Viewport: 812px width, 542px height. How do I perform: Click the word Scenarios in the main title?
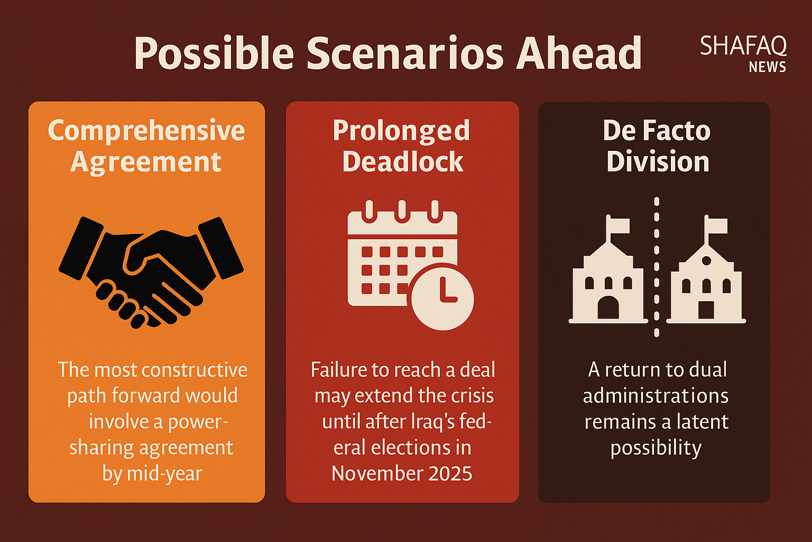pyautogui.click(x=405, y=52)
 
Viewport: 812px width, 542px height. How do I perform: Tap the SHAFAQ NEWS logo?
pyautogui.click(x=743, y=54)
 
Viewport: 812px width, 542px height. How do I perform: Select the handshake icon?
pyautogui.click(x=151, y=272)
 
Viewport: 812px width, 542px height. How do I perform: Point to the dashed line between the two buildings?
pyautogui.click(x=657, y=267)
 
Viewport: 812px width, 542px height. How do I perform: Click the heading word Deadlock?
pyautogui.click(x=403, y=161)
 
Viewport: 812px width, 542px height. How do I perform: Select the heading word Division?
pyautogui.click(x=658, y=161)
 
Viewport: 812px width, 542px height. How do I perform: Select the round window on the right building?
pyautogui.click(x=706, y=260)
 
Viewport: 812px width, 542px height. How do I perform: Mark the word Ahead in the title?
pyautogui.click(x=579, y=52)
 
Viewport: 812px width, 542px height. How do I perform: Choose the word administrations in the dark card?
pyautogui.click(x=656, y=396)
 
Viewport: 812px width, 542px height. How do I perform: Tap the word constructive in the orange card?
pyautogui.click(x=195, y=370)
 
